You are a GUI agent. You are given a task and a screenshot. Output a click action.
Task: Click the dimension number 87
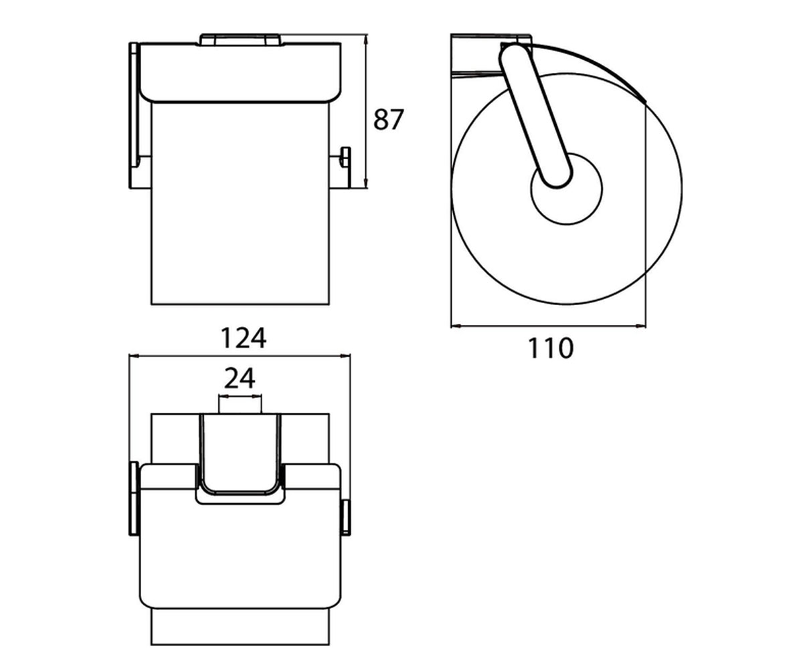[388, 119]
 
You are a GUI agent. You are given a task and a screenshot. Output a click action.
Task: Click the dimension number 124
[244, 338]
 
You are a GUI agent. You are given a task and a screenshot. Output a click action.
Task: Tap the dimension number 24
[240, 379]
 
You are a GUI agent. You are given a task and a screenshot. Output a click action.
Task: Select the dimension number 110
[551, 348]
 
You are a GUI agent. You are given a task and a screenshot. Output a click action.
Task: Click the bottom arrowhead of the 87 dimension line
[366, 184]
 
